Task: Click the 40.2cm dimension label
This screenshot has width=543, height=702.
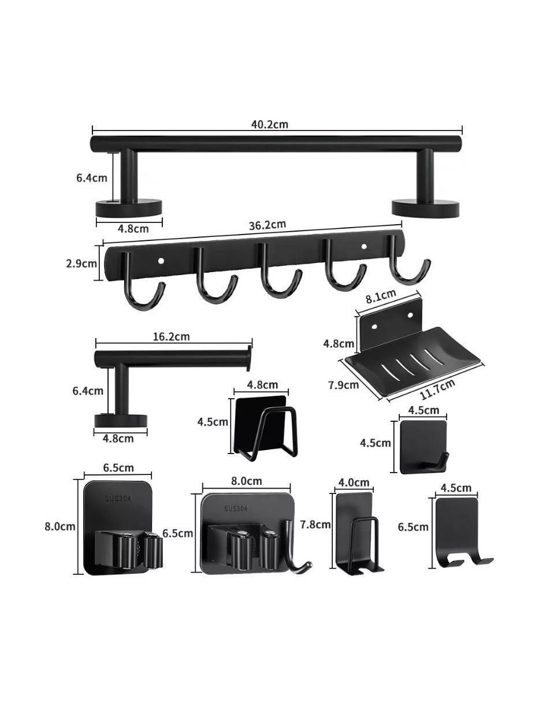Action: (270, 124)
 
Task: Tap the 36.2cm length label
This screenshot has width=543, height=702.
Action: (267, 225)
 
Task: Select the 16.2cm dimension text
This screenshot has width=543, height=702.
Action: (171, 336)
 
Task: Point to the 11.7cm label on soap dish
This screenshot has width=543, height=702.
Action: (438, 389)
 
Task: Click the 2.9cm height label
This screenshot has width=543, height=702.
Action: (81, 263)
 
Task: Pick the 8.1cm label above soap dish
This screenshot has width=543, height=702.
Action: (381, 296)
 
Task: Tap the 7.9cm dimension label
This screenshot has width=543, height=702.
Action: (344, 385)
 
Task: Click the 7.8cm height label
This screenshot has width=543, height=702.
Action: (315, 524)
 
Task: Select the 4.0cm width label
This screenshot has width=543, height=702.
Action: (354, 482)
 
